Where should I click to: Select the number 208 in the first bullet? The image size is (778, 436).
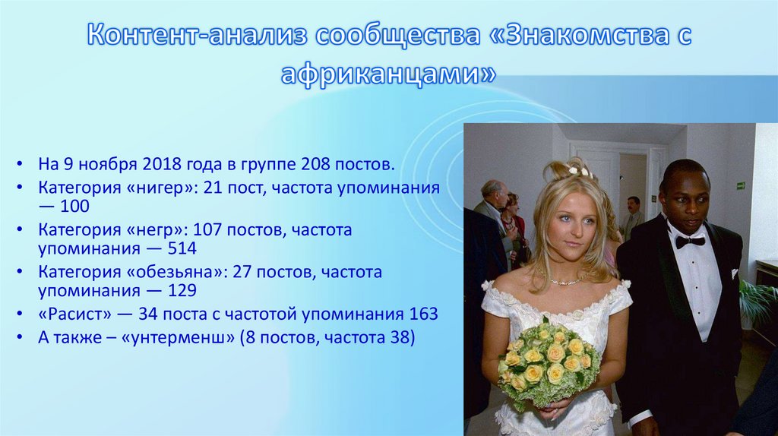(318, 163)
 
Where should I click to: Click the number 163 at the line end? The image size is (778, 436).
(423, 314)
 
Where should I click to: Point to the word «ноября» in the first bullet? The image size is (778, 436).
(106, 163)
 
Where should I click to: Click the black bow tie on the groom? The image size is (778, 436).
(690, 241)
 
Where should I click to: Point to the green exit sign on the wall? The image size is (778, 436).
(741, 185)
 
